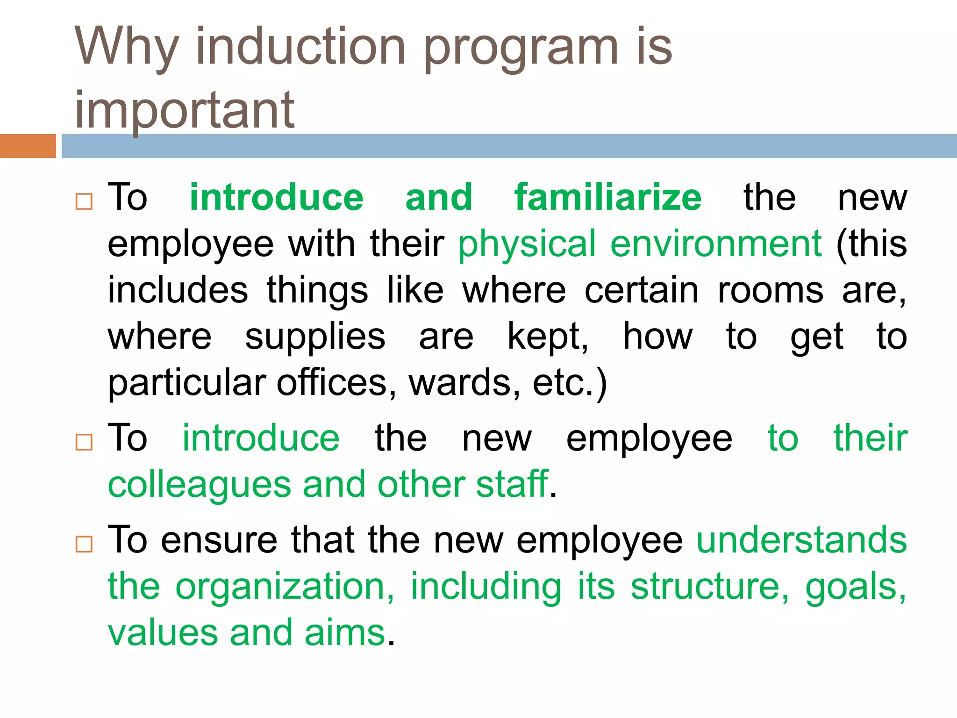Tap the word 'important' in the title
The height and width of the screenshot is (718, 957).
(184, 110)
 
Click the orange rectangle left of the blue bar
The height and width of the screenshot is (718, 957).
(28, 146)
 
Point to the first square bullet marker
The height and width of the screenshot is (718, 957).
(84, 202)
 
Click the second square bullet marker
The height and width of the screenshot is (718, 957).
(84, 442)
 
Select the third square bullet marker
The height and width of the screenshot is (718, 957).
(84, 544)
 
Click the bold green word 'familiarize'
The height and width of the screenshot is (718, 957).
(607, 197)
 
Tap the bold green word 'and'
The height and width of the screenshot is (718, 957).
(439, 197)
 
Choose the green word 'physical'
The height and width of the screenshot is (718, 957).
(527, 244)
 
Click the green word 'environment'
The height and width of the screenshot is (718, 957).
(716, 244)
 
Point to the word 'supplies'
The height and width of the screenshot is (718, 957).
(315, 337)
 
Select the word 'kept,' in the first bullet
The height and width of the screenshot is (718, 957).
(548, 337)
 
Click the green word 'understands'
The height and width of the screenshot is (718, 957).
(801, 540)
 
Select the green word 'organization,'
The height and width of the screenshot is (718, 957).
(285, 587)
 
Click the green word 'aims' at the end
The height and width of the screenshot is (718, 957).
(345, 633)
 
